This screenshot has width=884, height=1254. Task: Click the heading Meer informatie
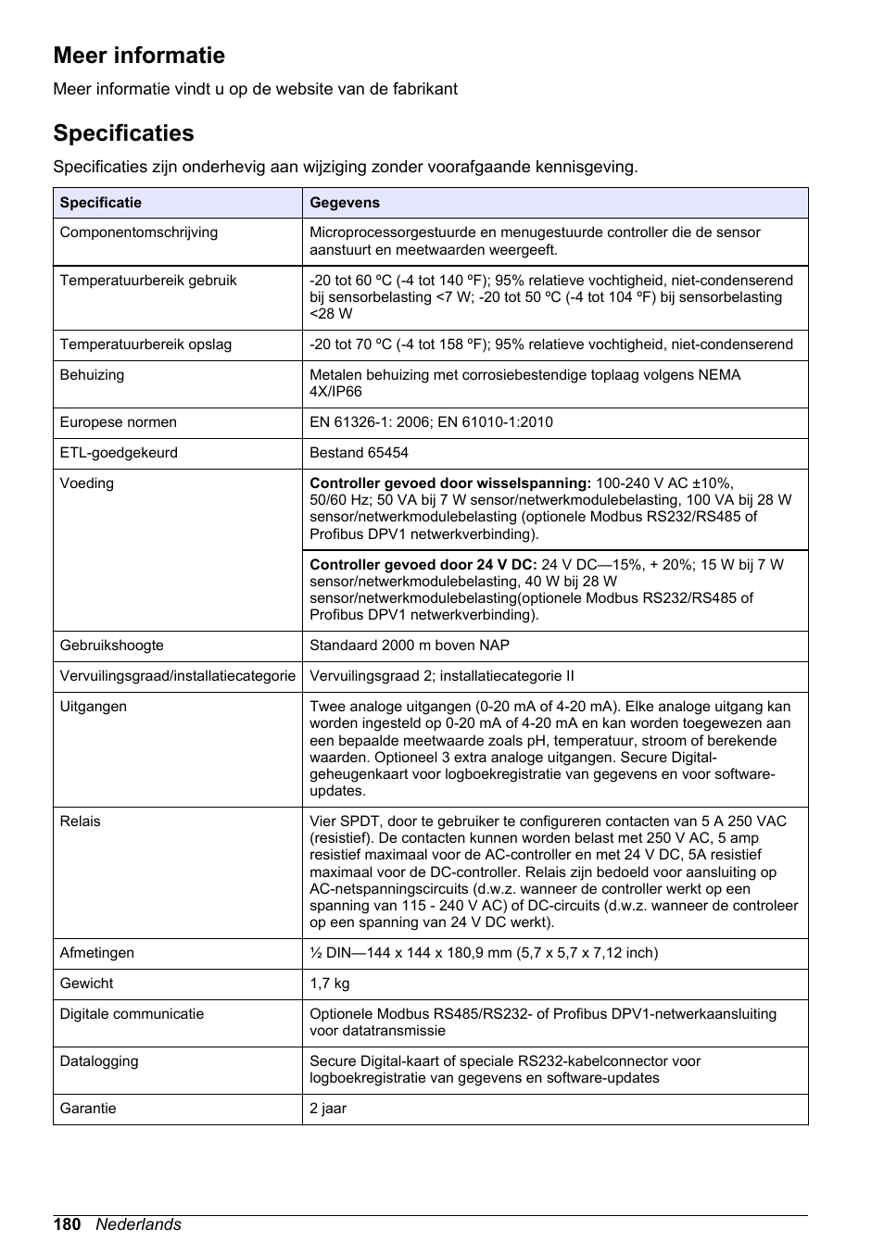tap(139, 56)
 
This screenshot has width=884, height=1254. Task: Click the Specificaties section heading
tap(123, 133)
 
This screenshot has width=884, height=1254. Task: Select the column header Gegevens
tap(345, 203)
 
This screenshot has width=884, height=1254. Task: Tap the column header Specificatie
tap(101, 203)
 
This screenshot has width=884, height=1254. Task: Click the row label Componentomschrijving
tap(139, 232)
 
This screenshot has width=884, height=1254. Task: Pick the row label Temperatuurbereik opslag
tap(145, 345)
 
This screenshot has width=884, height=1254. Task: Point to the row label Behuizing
tap(92, 375)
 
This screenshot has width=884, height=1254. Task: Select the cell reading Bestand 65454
tap(359, 453)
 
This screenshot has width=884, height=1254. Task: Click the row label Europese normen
tap(119, 422)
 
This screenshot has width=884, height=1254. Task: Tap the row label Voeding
tap(87, 483)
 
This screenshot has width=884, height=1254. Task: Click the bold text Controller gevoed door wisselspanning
tap(450, 483)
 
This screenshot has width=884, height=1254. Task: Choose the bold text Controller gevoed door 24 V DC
tap(423, 565)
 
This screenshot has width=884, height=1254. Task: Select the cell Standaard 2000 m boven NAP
tap(410, 646)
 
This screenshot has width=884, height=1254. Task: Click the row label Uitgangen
tap(94, 707)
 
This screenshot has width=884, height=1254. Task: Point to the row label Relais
tap(81, 821)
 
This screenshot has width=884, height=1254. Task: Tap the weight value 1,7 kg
tap(330, 984)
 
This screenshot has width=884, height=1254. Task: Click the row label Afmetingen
tap(97, 953)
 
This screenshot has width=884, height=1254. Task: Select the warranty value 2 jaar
tap(328, 1109)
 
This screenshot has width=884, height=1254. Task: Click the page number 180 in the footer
tap(68, 1224)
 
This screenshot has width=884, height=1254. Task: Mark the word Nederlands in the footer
tap(139, 1224)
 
